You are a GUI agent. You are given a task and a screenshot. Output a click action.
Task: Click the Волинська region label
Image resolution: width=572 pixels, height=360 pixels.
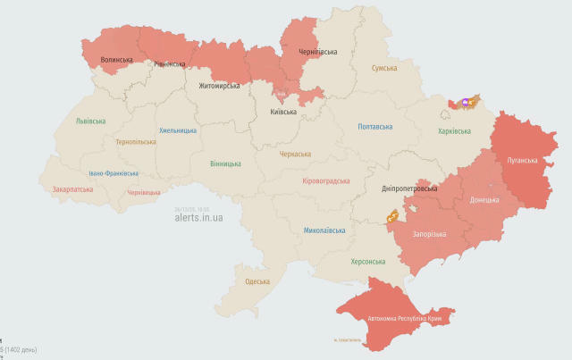116,60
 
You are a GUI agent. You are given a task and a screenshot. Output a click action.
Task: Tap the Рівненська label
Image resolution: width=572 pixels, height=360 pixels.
169,63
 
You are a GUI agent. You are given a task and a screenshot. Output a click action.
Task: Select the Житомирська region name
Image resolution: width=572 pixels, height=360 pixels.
219,87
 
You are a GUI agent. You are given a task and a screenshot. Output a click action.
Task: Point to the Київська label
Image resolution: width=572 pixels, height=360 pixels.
284,112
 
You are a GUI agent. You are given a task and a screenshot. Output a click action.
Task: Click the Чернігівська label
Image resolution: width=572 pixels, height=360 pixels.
317,52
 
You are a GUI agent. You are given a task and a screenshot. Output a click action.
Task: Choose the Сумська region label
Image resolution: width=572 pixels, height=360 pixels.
384,68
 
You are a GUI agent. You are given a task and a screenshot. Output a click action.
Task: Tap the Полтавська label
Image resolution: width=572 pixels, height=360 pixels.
374,127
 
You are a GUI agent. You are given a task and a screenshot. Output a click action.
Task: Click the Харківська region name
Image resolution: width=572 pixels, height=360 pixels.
454,130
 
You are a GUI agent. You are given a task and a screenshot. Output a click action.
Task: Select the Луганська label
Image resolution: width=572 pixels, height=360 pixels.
522,161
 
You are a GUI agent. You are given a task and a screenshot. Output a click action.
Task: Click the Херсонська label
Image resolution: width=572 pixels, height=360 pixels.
367,262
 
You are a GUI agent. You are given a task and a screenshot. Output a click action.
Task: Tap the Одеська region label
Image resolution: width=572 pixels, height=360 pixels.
257,281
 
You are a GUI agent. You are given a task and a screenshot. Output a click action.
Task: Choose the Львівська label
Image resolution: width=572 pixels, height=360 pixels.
90,121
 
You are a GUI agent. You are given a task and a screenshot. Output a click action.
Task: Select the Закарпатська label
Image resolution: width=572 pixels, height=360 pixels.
72,189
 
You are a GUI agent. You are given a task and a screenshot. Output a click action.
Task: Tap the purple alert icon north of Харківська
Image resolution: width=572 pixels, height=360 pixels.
467,105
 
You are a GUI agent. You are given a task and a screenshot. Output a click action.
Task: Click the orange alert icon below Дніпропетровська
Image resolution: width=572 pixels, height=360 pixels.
391,215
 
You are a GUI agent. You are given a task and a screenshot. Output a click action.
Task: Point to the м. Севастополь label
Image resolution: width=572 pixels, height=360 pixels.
347,339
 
